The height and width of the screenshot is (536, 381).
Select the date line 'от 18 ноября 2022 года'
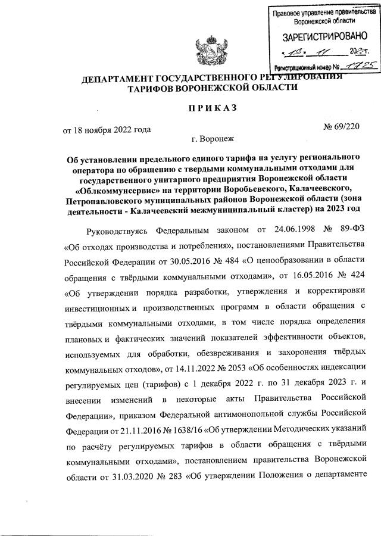(107, 129)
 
